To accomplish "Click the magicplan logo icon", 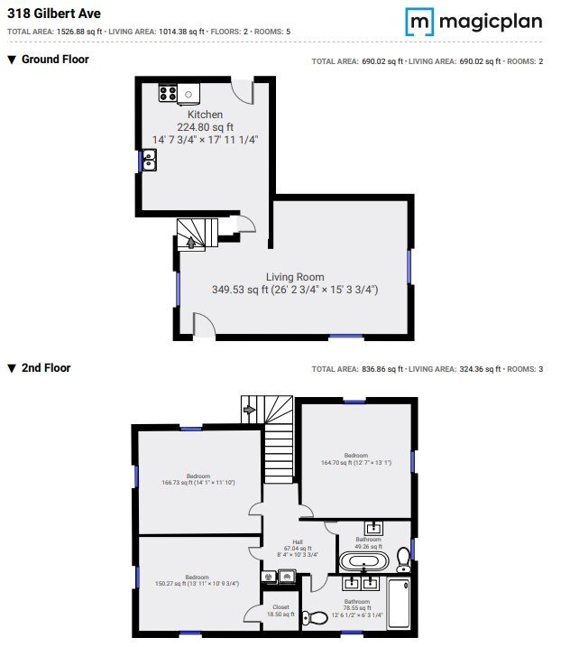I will pos(418,21).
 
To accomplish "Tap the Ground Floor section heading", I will pos(55,60).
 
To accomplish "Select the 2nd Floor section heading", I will pos(45,368).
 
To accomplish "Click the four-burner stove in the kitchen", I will pos(168,92).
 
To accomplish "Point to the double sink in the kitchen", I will pos(148,161).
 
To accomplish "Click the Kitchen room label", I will pos(205,116).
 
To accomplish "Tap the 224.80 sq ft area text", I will pos(205,127).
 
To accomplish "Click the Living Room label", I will pos(295,277).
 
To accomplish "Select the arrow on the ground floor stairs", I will pos(190,241).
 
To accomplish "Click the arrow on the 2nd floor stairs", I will pos(250,409).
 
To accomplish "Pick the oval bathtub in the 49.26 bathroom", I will pos(363,561).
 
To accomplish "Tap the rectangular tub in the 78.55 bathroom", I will pos(398,605).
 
